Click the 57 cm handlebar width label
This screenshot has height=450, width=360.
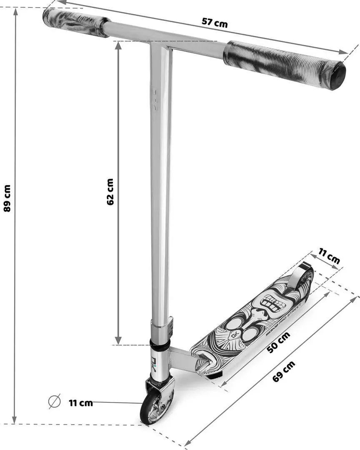[215, 23]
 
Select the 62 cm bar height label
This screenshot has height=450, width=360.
[110, 192]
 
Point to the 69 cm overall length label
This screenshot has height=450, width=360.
[284, 371]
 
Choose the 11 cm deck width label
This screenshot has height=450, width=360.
[329, 255]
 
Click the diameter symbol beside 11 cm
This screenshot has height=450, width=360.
[55, 402]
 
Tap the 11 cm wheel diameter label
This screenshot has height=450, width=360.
[80, 403]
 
